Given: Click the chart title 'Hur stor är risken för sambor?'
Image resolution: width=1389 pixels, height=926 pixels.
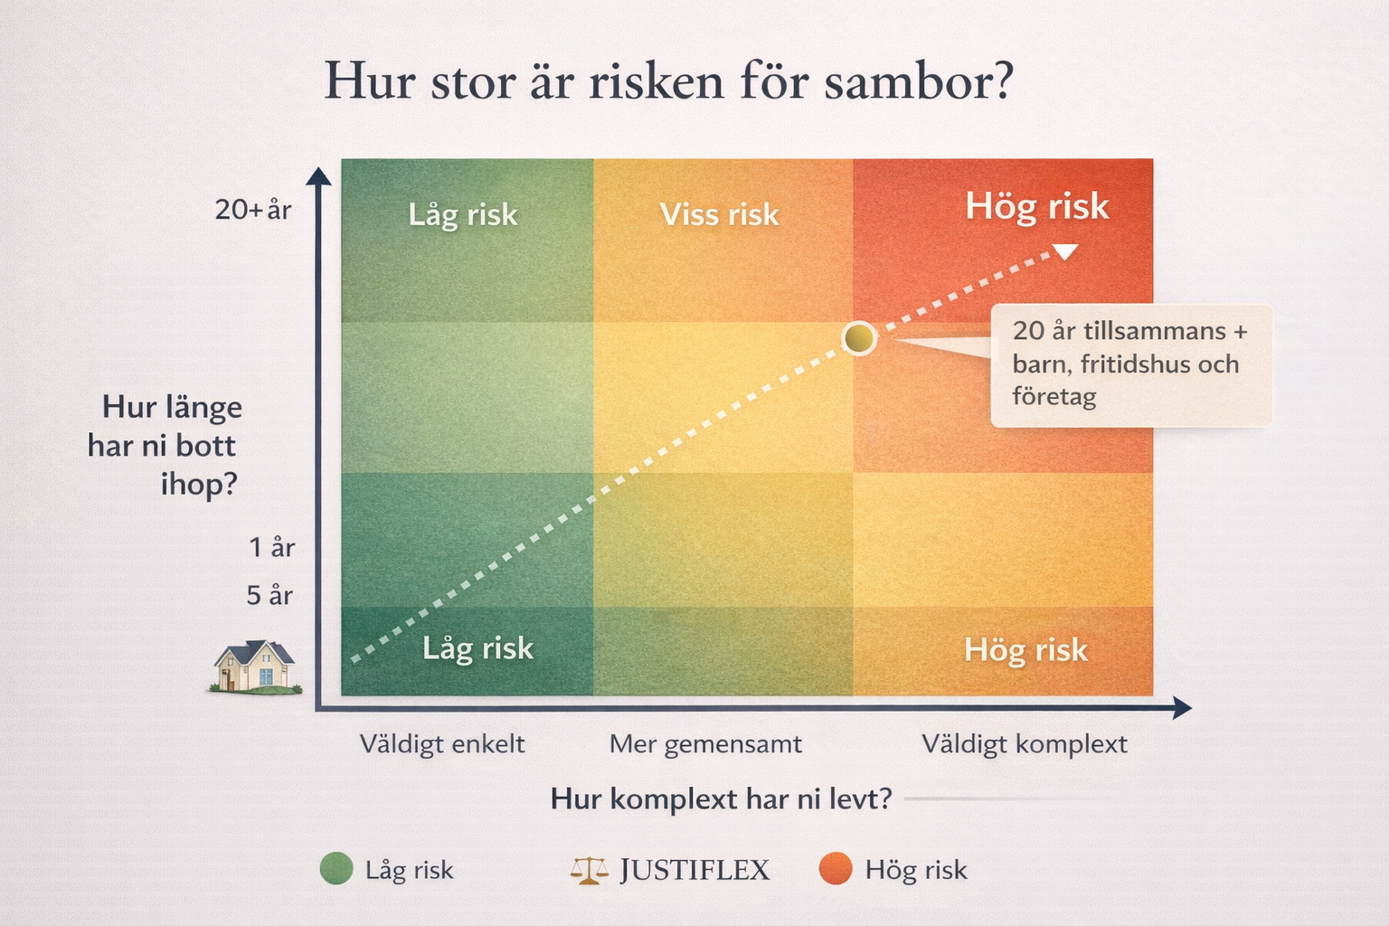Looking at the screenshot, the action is point(669,80).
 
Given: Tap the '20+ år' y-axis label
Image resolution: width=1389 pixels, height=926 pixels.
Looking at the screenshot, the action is point(253,210).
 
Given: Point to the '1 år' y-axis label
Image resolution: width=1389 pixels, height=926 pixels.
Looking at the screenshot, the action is point(271,547).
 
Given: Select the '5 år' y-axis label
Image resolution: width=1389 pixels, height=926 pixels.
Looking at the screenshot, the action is point(269,595).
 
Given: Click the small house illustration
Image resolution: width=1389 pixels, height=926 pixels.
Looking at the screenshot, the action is point(255,666).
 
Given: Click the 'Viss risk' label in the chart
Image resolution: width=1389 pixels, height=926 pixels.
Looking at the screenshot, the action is point(719,214).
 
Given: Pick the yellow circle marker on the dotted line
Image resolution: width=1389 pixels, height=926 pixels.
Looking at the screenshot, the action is point(859,338).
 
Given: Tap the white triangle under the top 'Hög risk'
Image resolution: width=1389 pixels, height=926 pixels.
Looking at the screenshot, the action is point(1065,251).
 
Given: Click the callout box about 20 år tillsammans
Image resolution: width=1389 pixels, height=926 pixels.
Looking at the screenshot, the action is point(1131,365).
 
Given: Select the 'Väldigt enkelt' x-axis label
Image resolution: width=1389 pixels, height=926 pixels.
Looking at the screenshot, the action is point(442,744).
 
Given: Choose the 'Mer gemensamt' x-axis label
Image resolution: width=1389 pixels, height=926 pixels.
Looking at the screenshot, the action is point(705,744).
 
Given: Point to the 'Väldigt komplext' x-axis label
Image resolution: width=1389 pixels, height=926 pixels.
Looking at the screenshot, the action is point(1025,744).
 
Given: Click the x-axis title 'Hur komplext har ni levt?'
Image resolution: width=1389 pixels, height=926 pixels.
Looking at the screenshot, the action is point(721,798).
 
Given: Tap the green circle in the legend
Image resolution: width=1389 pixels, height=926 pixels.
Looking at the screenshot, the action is point(336,868).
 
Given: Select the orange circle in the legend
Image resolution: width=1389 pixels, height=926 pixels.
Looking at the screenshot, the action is point(836,868).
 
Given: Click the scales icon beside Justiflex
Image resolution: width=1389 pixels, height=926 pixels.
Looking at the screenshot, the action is point(589,870).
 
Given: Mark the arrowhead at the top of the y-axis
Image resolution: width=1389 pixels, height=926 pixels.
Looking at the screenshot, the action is point(318,176).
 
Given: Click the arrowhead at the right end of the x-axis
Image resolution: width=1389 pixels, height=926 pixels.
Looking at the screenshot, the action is point(1182,708).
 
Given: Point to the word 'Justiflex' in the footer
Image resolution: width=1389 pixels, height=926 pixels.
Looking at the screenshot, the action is point(694,870).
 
